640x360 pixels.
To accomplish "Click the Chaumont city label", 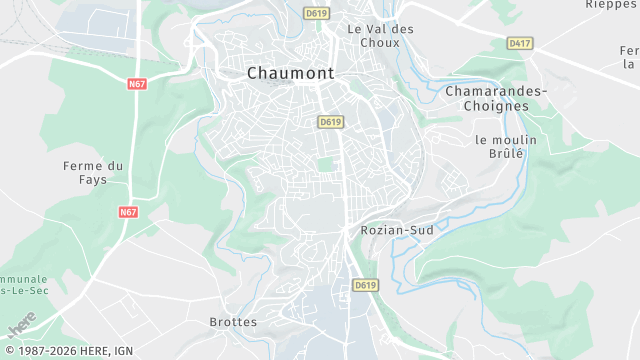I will (290, 72).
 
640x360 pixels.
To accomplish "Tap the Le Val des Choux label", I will (380, 36).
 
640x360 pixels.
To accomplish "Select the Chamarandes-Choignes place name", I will (496, 98).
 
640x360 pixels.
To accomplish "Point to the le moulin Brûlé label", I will (506, 147).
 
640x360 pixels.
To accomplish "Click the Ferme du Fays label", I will (93, 172).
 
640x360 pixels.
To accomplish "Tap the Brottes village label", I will (233, 322).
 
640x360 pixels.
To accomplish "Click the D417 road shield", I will (519, 43).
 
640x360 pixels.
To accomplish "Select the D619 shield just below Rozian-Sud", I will (366, 285).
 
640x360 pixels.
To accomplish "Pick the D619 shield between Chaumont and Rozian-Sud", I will (331, 122).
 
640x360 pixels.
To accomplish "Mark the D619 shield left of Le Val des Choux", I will (317, 13).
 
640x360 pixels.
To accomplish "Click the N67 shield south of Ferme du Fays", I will (128, 212).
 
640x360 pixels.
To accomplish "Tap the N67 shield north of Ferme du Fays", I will (138, 84).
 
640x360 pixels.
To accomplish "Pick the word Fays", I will (93, 179).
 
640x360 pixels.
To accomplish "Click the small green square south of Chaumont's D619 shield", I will (324, 164).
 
